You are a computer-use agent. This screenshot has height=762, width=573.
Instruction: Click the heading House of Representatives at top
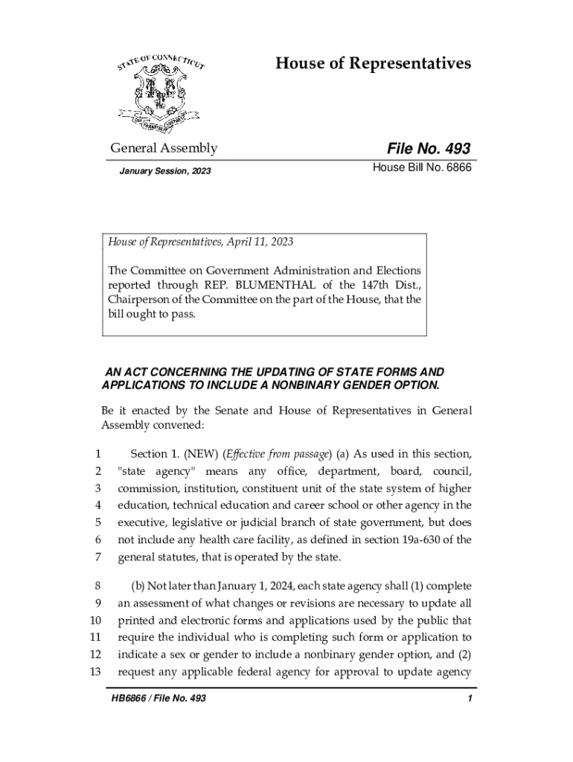(x=373, y=63)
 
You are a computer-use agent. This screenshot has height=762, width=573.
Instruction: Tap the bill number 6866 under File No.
(x=456, y=170)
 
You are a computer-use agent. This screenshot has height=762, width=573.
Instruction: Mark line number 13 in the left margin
(x=95, y=671)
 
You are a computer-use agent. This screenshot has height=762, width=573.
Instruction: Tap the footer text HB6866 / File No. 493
(x=156, y=699)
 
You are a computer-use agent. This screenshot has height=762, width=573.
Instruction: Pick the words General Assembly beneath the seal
(x=164, y=148)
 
